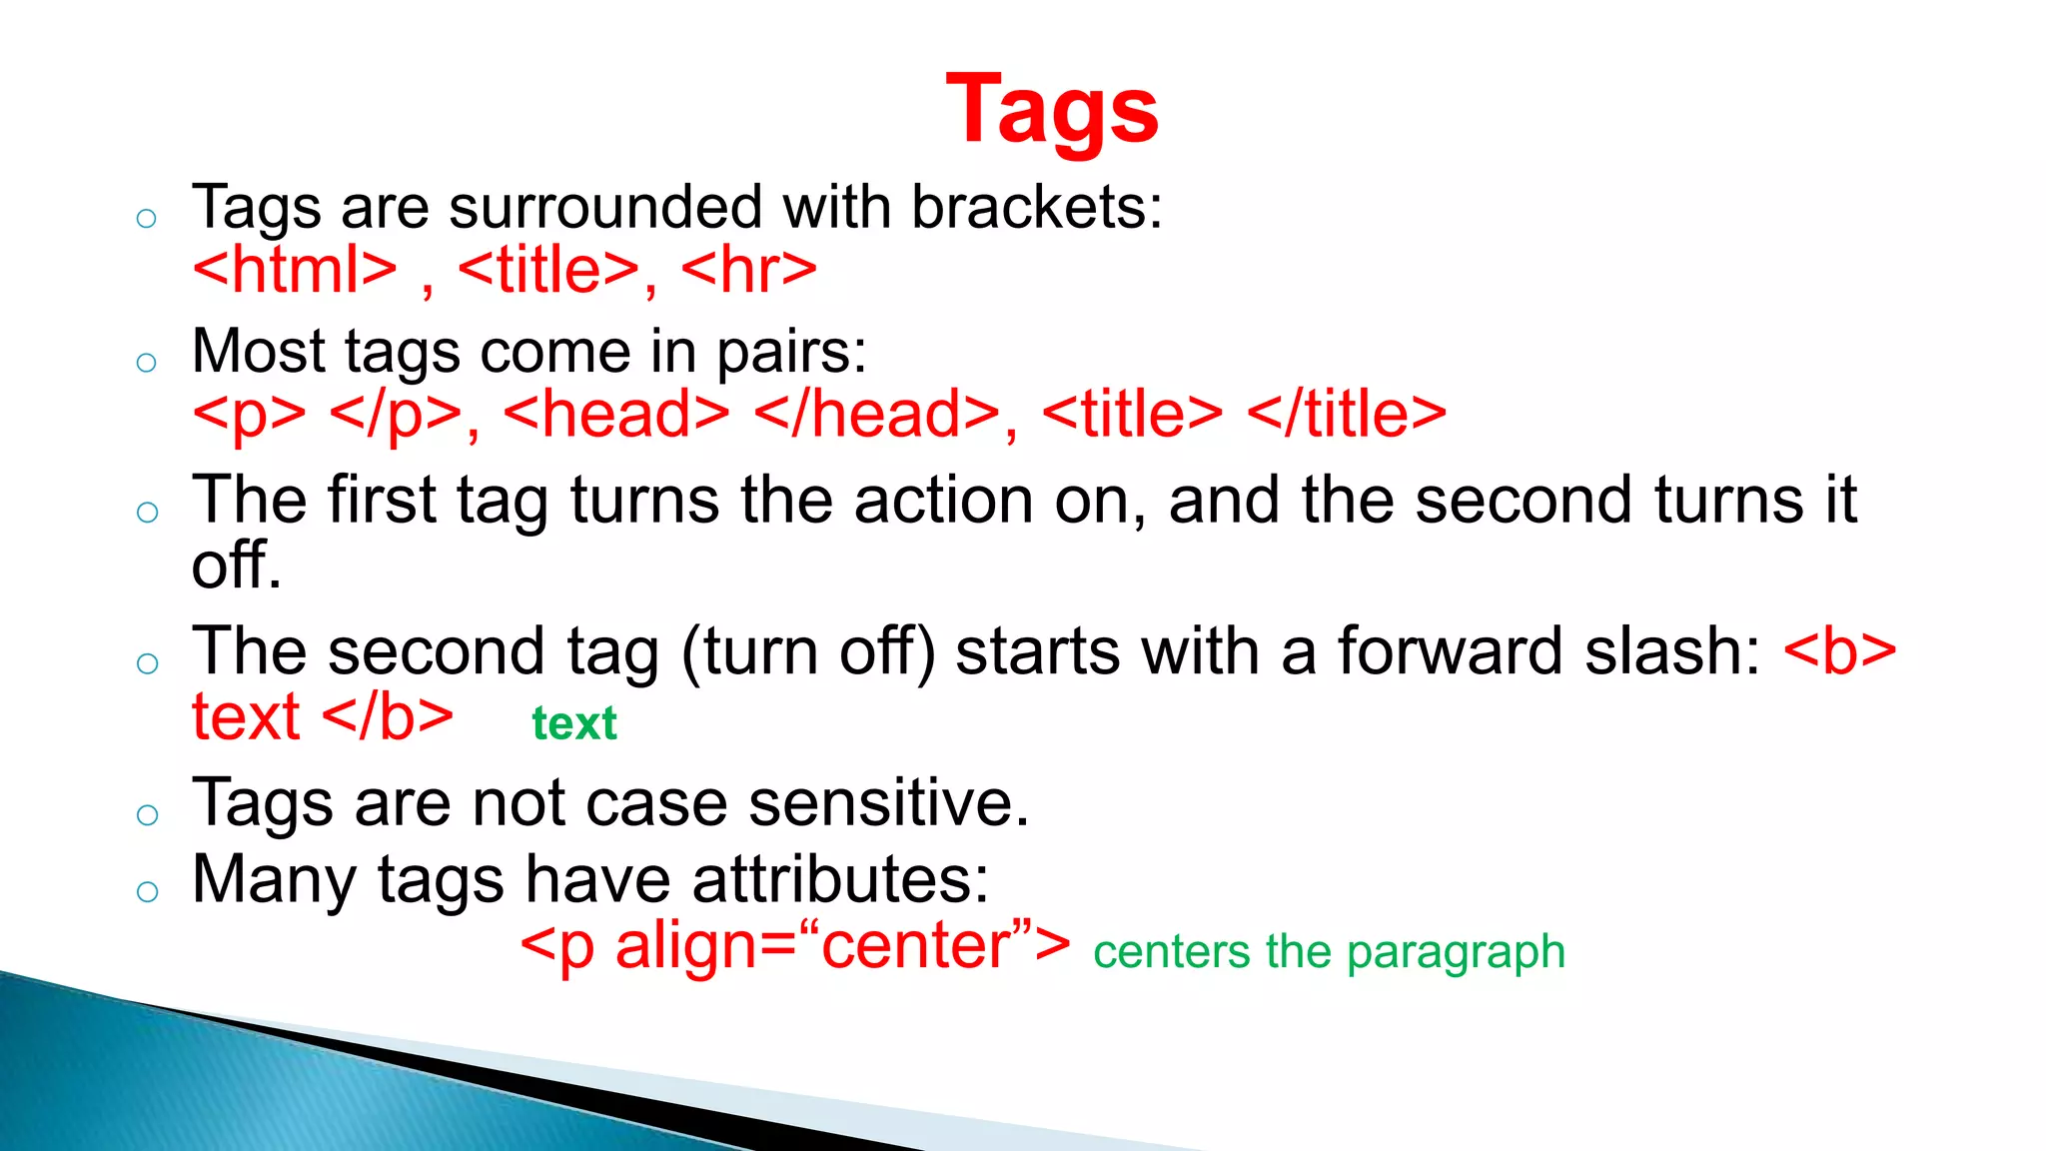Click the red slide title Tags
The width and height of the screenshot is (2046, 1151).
tap(1052, 110)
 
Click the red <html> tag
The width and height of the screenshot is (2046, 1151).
tap(295, 270)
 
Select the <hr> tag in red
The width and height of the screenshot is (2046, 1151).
tap(748, 270)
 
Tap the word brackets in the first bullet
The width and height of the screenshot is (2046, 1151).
tap(1037, 208)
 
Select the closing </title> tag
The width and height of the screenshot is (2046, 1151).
tap(1347, 415)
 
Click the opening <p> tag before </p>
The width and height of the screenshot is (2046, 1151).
tap(249, 415)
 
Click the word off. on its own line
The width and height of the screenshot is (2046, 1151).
tap(236, 566)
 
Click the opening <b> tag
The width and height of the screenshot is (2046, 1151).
tap(1839, 651)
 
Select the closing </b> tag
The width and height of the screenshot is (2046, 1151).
tap(389, 717)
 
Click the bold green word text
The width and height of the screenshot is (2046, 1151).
tap(574, 723)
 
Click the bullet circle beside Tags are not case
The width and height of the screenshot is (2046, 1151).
tap(147, 814)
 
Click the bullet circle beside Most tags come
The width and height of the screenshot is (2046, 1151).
tap(147, 363)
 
